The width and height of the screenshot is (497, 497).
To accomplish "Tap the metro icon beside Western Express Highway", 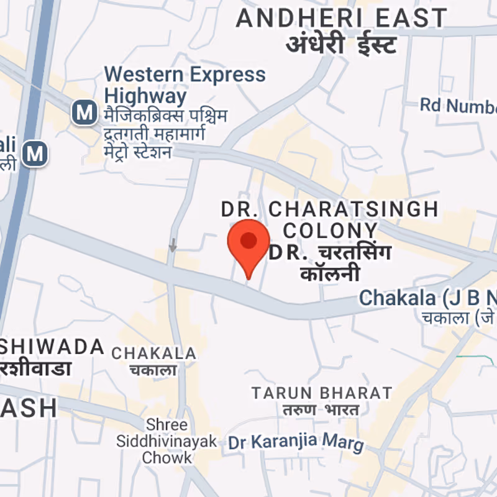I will tap(84, 113).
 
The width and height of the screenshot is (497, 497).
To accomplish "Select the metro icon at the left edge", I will tap(35, 153).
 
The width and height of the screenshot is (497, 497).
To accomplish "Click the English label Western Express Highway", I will tap(185, 85).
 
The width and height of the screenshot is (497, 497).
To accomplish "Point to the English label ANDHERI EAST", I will tap(341, 18).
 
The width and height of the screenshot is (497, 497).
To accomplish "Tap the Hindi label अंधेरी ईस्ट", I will tap(341, 45).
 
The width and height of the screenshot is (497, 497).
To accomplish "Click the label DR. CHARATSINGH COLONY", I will tap(330, 219).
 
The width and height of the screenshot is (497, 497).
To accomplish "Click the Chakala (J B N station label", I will tap(427, 298).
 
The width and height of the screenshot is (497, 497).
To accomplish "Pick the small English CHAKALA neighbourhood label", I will tap(153, 353).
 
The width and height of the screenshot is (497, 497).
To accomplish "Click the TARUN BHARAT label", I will tap(322, 393).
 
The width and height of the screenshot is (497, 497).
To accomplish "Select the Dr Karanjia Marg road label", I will tap(296, 442).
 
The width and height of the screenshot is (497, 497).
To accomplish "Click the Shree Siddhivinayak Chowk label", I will tap(167, 441).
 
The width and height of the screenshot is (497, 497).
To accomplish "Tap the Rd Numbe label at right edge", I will tap(458, 106).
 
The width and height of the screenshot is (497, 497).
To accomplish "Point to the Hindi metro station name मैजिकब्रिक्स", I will tap(165, 116).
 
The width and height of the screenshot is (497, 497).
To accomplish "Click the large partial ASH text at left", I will tap(28, 408).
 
